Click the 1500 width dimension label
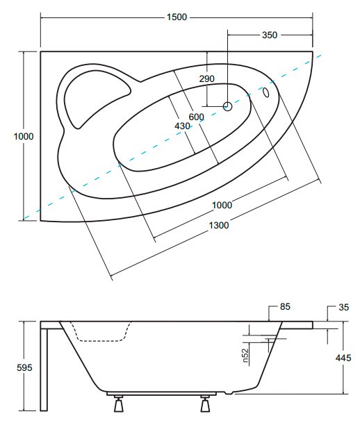click(177, 17)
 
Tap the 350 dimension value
click(270, 35)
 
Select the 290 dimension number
click(206, 78)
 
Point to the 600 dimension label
click(197, 117)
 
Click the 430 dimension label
click(182, 126)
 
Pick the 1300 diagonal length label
click(219, 225)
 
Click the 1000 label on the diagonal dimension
click(222, 205)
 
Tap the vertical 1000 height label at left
click(24, 136)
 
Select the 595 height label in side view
click(24, 367)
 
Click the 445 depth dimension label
click(343, 358)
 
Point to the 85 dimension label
click(285, 306)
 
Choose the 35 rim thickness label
click(343, 307)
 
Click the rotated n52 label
click(245, 356)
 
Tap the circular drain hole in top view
click(227, 106)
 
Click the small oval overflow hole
click(265, 92)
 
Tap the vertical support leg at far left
click(44, 369)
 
